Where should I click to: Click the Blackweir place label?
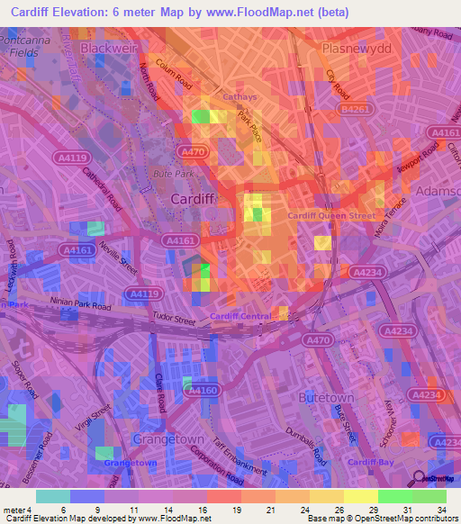(112, 46)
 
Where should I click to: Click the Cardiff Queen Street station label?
(330, 216)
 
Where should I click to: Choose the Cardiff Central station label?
(241, 315)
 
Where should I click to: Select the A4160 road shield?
(200, 390)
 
